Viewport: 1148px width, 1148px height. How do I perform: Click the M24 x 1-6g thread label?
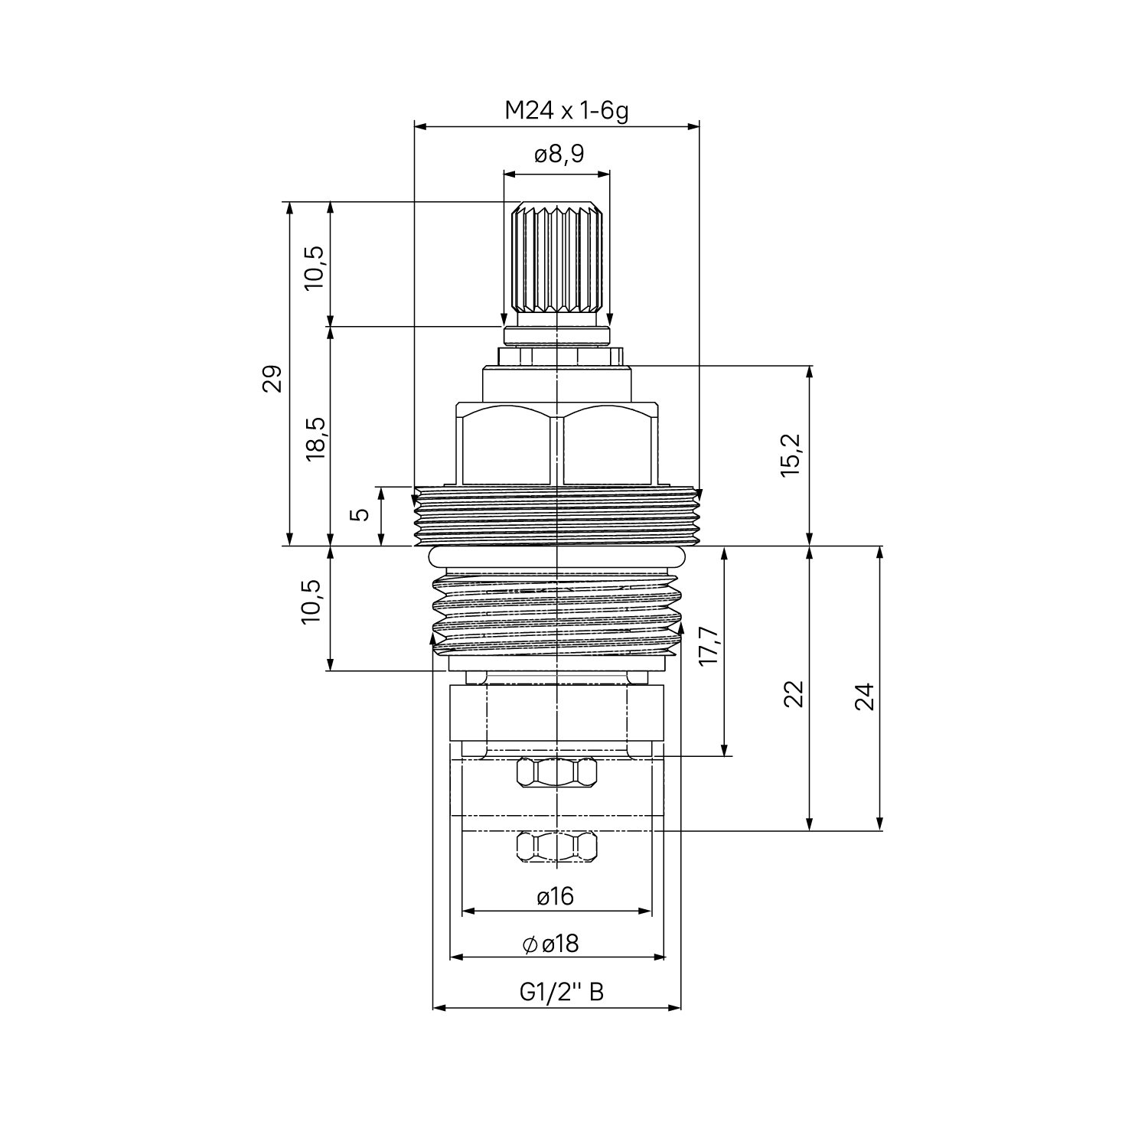click(x=566, y=112)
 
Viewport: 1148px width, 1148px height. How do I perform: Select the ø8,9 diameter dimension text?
click(x=559, y=155)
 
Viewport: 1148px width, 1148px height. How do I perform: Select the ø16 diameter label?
click(x=556, y=896)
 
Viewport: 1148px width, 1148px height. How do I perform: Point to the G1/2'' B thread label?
click(x=563, y=993)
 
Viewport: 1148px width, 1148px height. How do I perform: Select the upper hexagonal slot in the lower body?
click(x=556, y=771)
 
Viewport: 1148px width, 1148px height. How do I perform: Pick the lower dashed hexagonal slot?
click(x=556, y=846)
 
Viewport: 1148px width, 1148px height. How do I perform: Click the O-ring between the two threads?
click(x=556, y=557)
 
